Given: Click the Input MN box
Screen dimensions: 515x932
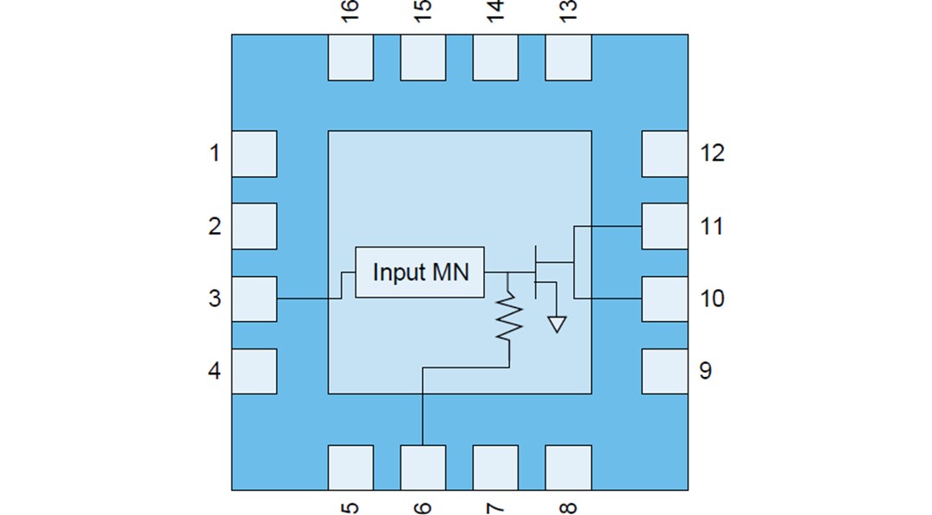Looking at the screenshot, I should [419, 272].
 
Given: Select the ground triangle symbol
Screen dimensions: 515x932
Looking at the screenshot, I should [557, 324].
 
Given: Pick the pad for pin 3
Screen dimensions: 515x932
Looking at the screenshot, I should [254, 298].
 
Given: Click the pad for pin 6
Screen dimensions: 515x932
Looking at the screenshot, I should [423, 468].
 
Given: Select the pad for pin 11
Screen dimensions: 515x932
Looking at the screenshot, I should [664, 226].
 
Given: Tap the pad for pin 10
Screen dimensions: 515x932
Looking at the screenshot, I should [664, 298].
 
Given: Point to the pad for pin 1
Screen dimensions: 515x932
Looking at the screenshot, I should [254, 154].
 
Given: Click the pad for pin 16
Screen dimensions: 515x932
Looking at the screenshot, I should [350, 57].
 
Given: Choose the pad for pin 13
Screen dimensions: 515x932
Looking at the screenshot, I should [569, 57].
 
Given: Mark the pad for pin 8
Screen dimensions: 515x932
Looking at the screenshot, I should [569, 468].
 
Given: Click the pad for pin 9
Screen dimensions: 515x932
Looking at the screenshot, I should [664, 371].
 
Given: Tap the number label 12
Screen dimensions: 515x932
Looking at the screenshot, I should [712, 154].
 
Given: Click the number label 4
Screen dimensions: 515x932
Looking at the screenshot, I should [214, 371].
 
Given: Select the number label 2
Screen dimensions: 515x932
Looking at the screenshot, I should [214, 226].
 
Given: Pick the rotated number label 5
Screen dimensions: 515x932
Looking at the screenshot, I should [350, 505].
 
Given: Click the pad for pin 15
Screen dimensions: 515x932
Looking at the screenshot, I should [423, 57].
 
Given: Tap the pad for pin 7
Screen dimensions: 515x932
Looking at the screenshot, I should [495, 468].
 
